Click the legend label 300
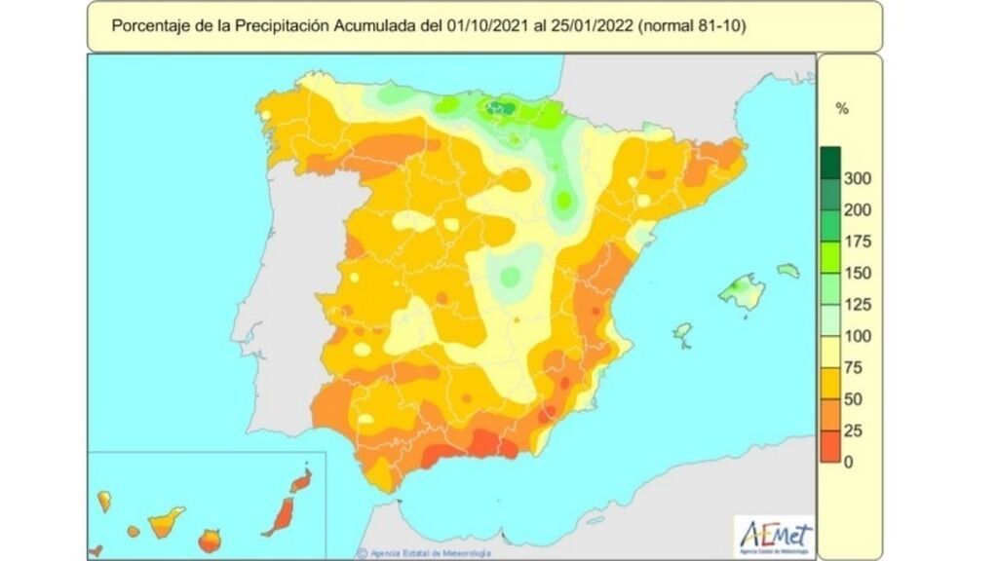(x=858, y=178)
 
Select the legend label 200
(x=858, y=209)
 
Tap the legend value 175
(x=858, y=242)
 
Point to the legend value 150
(x=858, y=273)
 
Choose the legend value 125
(x=858, y=305)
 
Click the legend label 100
(x=858, y=336)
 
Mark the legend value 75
(x=854, y=367)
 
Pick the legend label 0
(x=848, y=462)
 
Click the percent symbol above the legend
(x=842, y=109)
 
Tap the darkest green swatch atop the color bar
(x=830, y=162)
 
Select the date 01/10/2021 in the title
(x=486, y=26)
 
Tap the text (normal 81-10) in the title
(x=692, y=26)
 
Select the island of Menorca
(x=787, y=270)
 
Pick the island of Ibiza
(x=681, y=332)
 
